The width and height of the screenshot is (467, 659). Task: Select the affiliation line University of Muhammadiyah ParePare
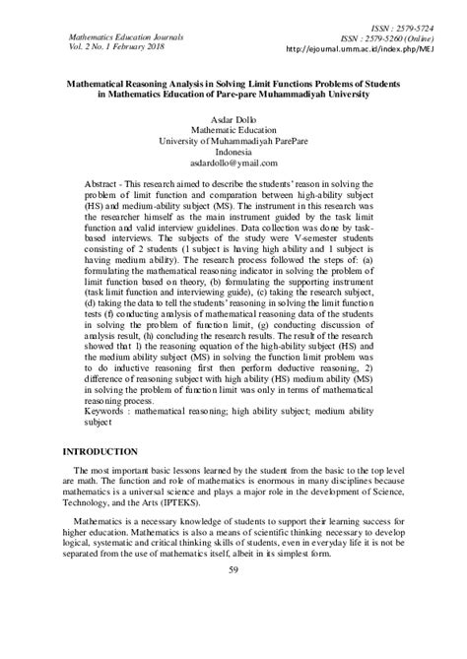tap(233, 141)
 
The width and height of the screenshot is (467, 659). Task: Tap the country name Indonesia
tap(233, 154)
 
